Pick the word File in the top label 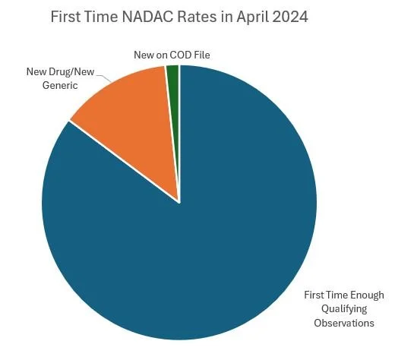(x=198, y=56)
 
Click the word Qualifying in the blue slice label (x=345, y=308)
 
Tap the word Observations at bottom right (x=345, y=322)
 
